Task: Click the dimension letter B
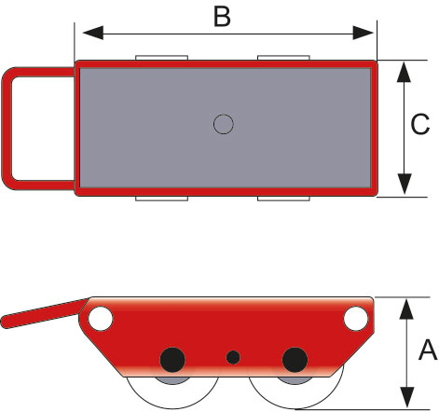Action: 222,17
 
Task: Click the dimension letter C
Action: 420,124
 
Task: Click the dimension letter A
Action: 428,350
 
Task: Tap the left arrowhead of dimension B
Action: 93,33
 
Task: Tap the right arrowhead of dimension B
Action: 364,33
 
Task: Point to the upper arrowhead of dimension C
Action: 404,72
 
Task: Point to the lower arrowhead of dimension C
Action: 404,184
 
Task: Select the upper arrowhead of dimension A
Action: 406,309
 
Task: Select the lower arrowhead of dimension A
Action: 406,397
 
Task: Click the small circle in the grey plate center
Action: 224,124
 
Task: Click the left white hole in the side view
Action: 101,319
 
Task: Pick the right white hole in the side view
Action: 356,319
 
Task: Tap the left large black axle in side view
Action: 172,360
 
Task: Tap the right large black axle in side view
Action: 295,360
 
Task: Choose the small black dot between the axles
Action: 233,357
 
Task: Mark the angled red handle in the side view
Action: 44,313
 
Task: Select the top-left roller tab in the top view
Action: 161,58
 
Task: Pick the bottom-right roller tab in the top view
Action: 283,199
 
